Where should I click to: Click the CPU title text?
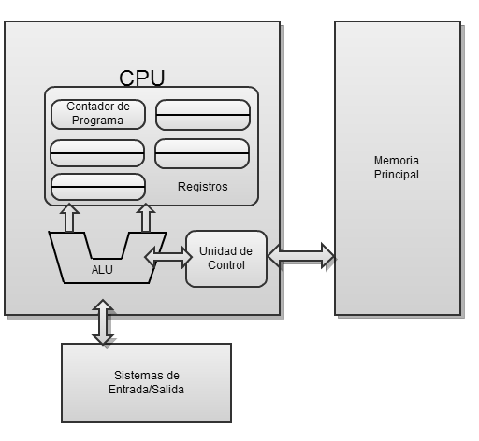point(142,77)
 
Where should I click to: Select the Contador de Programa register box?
point(97,114)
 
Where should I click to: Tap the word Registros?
point(202,187)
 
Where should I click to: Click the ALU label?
point(102,268)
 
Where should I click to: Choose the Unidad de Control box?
point(226,258)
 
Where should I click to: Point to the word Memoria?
point(397,161)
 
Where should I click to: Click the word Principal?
point(397,175)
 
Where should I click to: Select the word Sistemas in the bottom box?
point(145,376)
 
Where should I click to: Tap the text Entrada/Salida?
point(145,390)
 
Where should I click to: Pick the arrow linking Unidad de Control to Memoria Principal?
point(300,253)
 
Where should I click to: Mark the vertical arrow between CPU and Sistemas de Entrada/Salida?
point(103,322)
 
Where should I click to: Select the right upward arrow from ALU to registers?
point(146,219)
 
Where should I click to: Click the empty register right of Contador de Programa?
point(202,114)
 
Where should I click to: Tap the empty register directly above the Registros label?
point(202,152)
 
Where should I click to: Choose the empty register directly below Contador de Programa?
point(97,152)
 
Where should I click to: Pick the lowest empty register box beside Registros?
point(97,187)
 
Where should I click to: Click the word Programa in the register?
point(97,121)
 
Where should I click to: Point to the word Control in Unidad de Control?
point(226,265)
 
